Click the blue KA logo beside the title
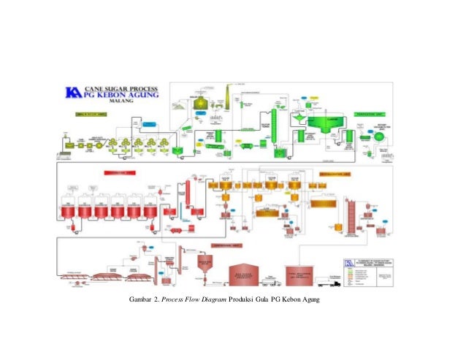click(73, 92)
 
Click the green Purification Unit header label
click(371, 114)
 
